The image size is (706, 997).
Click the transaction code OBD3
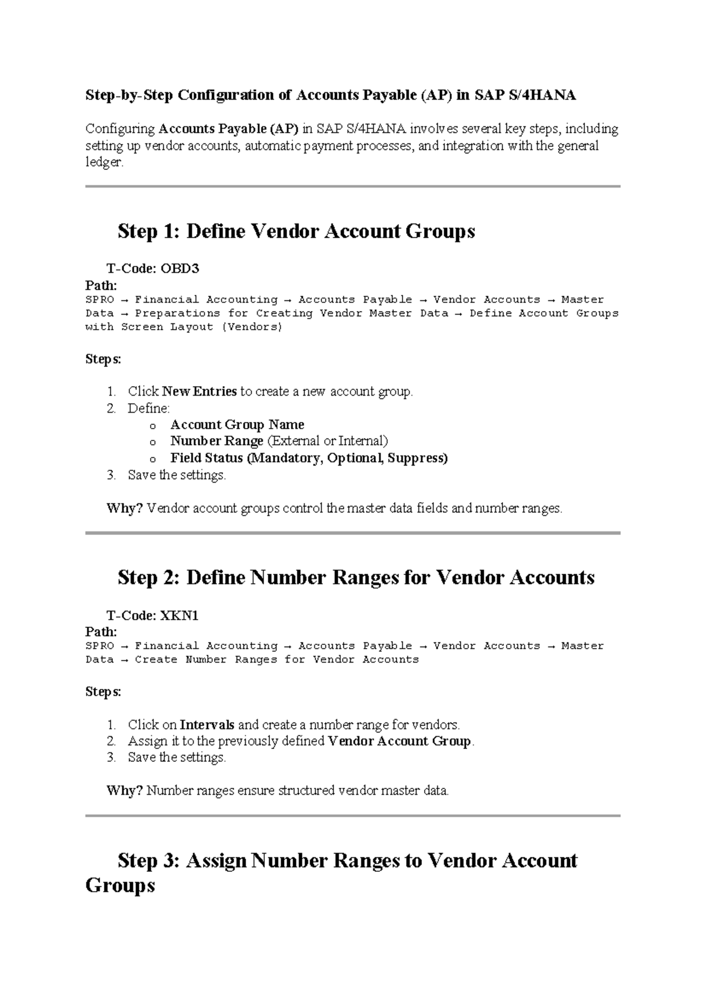pyautogui.click(x=180, y=269)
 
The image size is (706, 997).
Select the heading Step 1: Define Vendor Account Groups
pyautogui.click(x=296, y=231)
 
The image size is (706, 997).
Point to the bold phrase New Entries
pyautogui.click(x=199, y=392)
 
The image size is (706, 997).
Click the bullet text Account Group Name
pyautogui.click(x=237, y=424)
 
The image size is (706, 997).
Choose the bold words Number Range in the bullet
pyautogui.click(x=217, y=441)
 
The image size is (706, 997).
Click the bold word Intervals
pyautogui.click(x=207, y=725)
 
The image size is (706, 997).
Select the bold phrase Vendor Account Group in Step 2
pyautogui.click(x=399, y=741)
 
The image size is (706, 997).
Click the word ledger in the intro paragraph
pyautogui.click(x=104, y=163)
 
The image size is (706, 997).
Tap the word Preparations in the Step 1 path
pyautogui.click(x=177, y=313)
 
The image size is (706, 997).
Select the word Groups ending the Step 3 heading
pyautogui.click(x=120, y=885)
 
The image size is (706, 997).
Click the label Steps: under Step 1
pyautogui.click(x=103, y=359)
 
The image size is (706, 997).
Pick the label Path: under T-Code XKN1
pyautogui.click(x=101, y=632)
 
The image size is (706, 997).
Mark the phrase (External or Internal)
pyautogui.click(x=328, y=441)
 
